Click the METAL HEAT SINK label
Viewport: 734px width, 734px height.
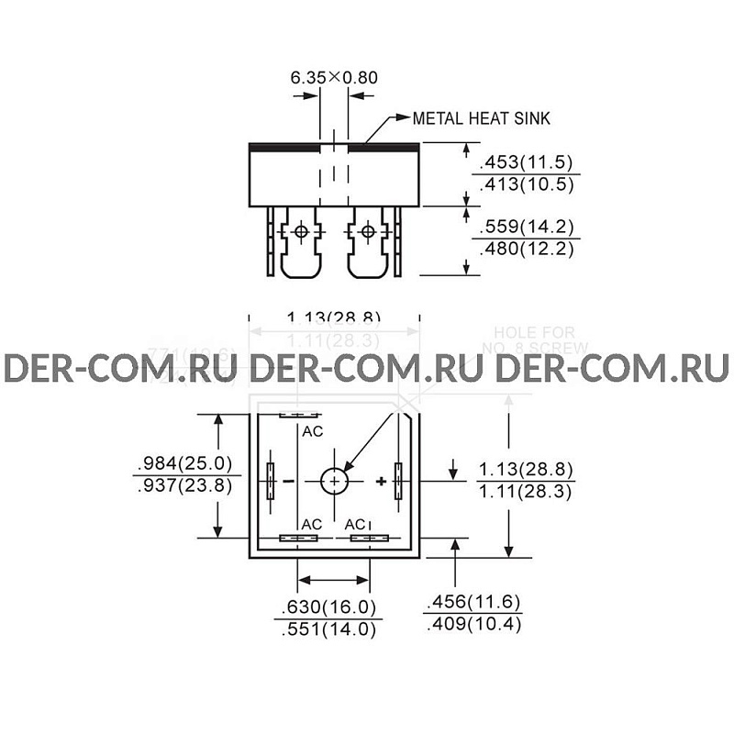pos(481,118)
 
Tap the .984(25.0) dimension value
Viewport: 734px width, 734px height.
pos(183,462)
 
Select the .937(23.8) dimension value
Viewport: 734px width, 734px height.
pos(183,486)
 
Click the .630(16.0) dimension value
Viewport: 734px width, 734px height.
pos(328,606)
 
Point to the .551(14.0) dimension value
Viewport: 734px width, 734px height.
pos(328,629)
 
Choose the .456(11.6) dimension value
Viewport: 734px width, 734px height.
pos(473,602)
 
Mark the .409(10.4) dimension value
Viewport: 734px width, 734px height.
pos(473,625)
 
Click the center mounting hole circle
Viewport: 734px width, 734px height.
pos(335,481)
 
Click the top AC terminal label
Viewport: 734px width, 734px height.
pos(313,429)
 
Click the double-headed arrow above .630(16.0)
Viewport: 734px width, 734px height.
pos(334,580)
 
